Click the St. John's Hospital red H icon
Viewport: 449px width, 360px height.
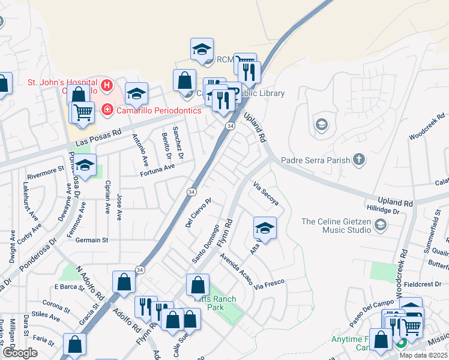point(107,86)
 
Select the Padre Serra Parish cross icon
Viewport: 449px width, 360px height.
point(358,159)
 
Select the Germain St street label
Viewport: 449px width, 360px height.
point(92,240)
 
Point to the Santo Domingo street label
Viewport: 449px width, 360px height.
point(205,244)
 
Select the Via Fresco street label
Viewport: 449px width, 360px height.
point(268,281)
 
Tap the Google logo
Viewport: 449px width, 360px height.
point(19,353)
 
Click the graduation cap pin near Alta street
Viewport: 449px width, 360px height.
point(265,228)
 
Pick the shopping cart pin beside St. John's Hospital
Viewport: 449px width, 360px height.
point(83,112)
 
